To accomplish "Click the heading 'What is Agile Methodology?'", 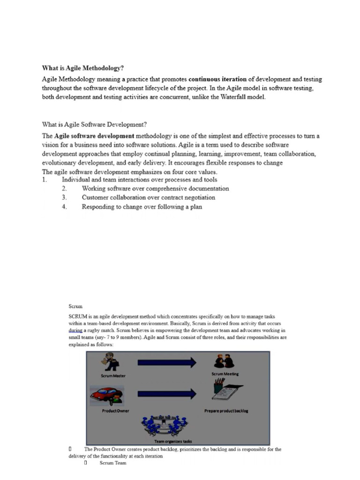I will tap(83, 67).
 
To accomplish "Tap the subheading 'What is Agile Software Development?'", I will tap(95, 124).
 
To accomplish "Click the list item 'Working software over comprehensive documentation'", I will tap(155, 188).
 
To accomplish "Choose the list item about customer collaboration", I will tap(148, 197).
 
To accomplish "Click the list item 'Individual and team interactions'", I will tap(139, 180).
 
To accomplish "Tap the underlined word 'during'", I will tap(75, 330).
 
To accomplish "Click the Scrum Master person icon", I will tap(112, 363).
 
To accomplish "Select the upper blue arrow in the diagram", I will tap(166, 362).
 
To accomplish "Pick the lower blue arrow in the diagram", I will tap(166, 393).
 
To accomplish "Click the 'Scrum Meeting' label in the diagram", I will tap(225, 374).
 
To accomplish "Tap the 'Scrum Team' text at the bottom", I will tap(113, 463).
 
